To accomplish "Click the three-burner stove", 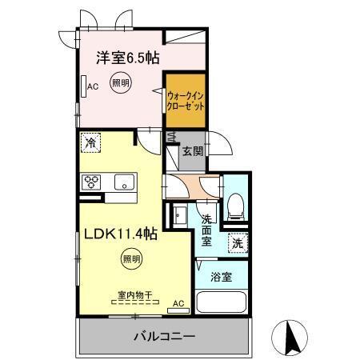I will coord(91,181).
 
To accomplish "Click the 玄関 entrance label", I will coord(192,151).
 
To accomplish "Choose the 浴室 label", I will coord(222,278).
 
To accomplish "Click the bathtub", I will coord(223,304).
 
